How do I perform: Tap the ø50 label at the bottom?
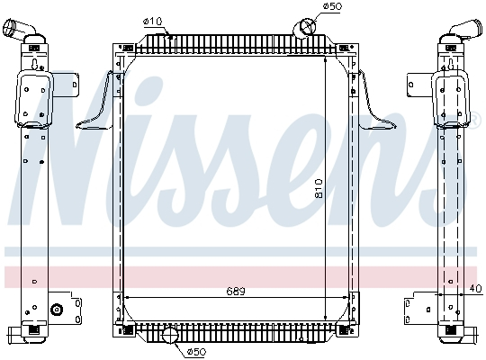point(198,352)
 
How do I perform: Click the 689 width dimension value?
point(235,290)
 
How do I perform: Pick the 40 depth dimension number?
point(475,289)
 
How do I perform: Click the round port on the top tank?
point(304,26)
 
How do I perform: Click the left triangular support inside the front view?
point(100,106)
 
